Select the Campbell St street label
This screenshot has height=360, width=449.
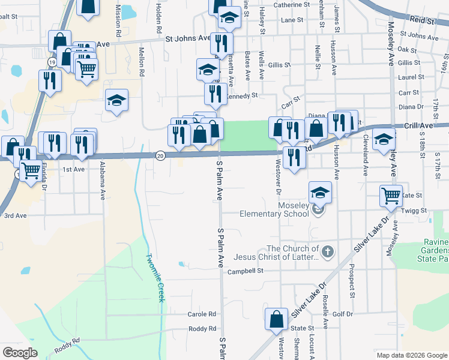245,271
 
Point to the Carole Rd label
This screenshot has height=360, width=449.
202,314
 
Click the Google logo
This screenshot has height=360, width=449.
20,353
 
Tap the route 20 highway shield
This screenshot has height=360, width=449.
160,155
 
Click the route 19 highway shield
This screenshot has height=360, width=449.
53,62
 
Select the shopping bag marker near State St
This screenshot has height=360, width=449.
277,319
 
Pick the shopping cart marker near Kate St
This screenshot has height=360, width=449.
391,195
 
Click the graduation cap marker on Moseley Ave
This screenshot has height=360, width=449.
384,140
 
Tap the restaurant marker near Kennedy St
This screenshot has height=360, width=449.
214,93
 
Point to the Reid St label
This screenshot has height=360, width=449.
423,21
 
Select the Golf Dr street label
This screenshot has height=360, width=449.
343,314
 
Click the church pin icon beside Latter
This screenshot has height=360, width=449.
327,251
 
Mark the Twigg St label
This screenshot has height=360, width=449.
415,211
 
